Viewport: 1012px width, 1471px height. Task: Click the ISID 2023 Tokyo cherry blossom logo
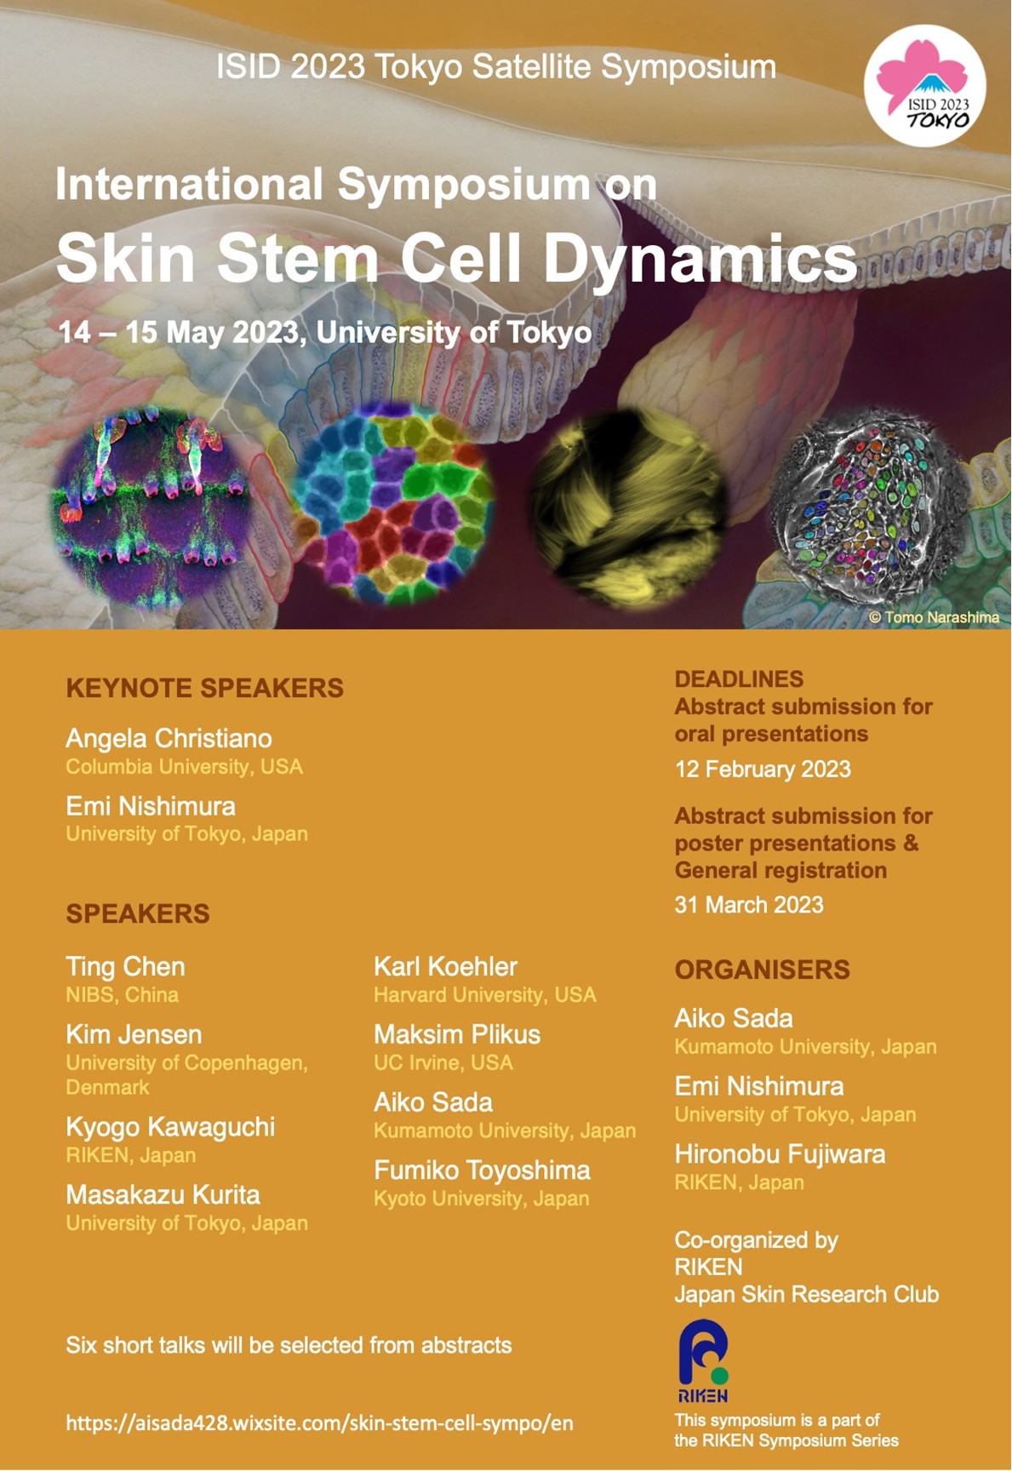[925, 86]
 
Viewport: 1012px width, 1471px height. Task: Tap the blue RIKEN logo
[703, 1360]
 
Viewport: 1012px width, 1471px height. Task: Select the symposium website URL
[319, 1423]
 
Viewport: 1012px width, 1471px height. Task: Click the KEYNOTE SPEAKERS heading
[205, 688]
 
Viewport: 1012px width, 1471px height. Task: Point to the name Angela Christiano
[169, 738]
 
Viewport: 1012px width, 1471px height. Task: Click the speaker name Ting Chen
[125, 967]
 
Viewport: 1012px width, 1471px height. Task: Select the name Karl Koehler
[445, 967]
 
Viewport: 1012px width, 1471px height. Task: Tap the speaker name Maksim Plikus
[457, 1035]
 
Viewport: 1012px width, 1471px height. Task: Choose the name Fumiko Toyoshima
[482, 1171]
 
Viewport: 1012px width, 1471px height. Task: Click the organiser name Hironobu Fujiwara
[780, 1154]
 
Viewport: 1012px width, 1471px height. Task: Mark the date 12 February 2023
[763, 770]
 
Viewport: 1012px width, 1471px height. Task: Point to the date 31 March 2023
[749, 905]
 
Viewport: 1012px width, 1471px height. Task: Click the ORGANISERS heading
[763, 970]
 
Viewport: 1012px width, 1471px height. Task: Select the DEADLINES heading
[739, 679]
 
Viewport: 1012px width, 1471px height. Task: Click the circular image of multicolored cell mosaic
[392, 504]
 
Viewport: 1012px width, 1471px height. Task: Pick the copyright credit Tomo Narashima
[934, 618]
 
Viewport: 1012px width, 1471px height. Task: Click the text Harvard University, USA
[485, 995]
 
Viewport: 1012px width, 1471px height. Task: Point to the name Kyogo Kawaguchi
[170, 1127]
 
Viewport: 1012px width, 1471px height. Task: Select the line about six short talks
[289, 1346]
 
